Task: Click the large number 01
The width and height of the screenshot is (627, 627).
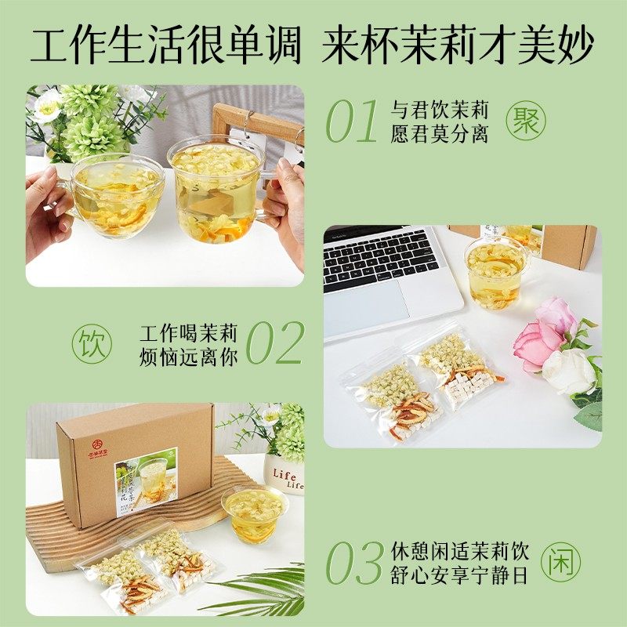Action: pos(352,122)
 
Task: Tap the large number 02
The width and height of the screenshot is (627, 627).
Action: pos(274,342)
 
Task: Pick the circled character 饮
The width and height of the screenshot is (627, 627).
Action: pos(92,342)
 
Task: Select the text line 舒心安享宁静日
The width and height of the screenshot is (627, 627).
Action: pos(460,574)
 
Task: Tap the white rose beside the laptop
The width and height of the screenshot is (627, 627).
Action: pos(568,371)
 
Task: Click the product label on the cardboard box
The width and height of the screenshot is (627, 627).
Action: pos(146,480)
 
